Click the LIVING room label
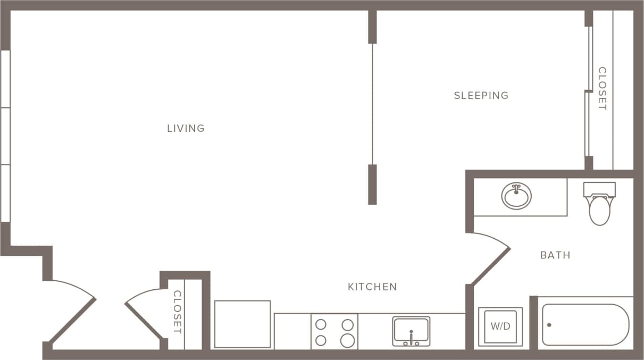186,128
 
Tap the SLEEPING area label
481,96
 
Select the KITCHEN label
372,287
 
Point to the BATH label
555,255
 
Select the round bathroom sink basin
516,197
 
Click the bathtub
585,324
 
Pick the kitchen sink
411,331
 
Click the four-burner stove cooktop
334,332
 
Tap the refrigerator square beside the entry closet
242,324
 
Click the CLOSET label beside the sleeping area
602,88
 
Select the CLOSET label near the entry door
178,312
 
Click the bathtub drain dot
549,324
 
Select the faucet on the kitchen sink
411,335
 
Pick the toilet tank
599,189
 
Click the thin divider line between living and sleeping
372,104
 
